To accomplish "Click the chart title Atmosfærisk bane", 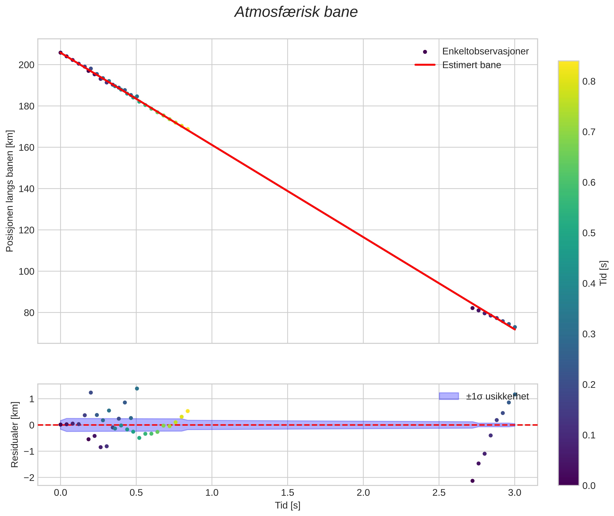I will coord(296,12).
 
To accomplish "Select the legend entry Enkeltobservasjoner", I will coord(485,51).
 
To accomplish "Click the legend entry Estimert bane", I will coord(471,65).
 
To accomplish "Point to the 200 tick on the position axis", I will coord(26,65).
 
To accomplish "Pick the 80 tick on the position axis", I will coord(29,313).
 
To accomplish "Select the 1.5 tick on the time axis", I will coord(287,493).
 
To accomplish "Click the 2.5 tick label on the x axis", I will coord(439,493).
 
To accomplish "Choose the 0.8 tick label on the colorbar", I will coord(588,82).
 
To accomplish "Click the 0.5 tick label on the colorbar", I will coord(588,233).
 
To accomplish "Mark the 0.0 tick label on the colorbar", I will coord(588,486).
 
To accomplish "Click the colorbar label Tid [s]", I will coord(603,273).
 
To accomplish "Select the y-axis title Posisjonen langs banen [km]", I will coord(10,191).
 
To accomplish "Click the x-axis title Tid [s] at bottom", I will coord(287,505).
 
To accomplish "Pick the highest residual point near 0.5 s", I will coord(136,388).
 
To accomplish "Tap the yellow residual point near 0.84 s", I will coord(188,411).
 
